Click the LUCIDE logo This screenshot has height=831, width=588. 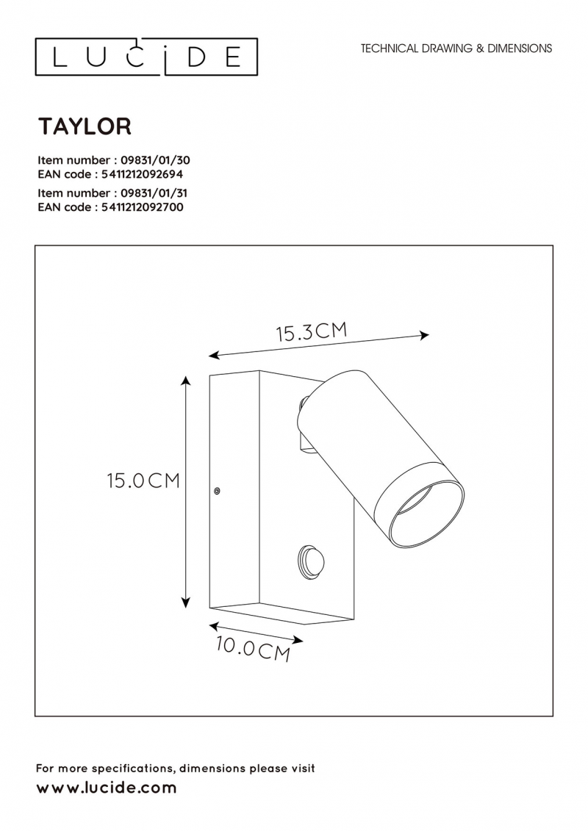coord(146,57)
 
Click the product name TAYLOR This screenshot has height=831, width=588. coord(85,126)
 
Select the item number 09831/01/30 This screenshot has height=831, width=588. coord(156,160)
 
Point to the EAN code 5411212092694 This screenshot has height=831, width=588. coord(142,174)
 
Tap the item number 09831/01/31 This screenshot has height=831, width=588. coord(154,193)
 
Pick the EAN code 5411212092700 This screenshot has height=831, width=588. coord(143,206)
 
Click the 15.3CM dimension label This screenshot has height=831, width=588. coord(312,332)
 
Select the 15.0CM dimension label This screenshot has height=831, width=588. coord(143,481)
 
